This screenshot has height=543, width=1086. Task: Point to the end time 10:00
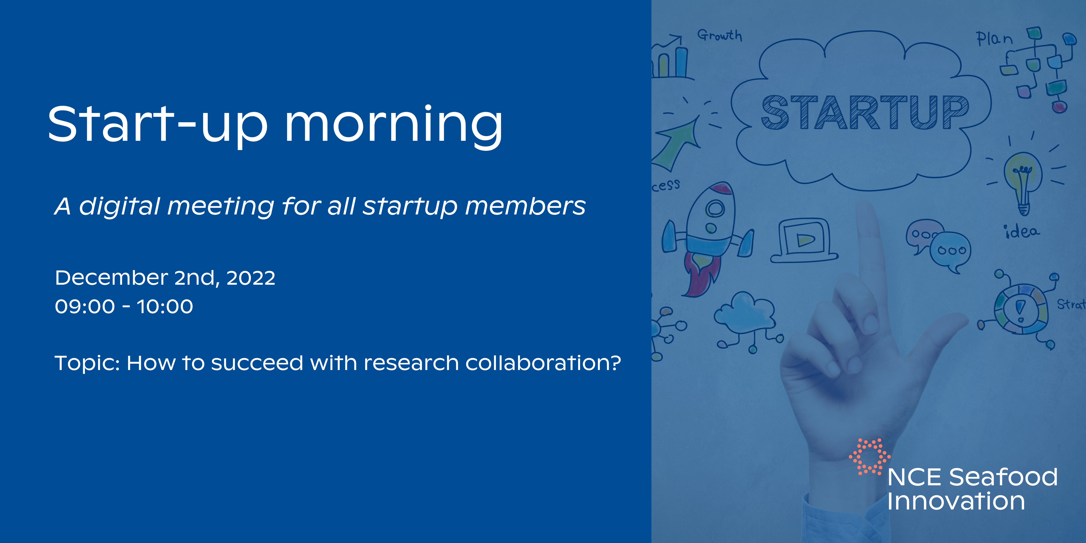(165, 307)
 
